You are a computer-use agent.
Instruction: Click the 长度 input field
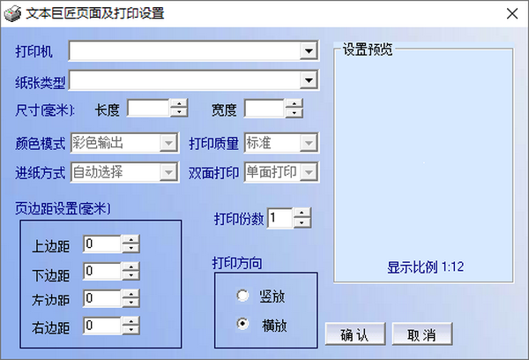tap(148, 109)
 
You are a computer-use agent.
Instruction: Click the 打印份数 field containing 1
tap(279, 218)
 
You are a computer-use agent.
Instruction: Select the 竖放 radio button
tap(242, 296)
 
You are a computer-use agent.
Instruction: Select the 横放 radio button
tap(242, 324)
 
